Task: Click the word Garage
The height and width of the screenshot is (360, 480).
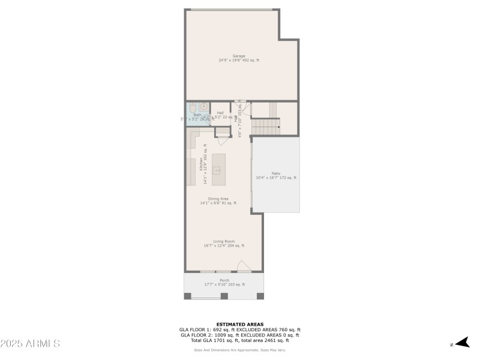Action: (239, 56)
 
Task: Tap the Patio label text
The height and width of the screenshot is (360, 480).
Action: (276, 173)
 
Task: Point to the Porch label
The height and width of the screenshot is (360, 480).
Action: (224, 280)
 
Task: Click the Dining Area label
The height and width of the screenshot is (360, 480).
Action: (218, 199)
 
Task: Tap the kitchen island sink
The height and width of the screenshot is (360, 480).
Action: (218, 170)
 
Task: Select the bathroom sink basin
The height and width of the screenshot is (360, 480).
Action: (204, 107)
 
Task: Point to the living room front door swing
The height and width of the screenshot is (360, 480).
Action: (244, 266)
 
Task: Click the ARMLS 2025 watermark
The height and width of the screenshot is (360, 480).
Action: (30, 344)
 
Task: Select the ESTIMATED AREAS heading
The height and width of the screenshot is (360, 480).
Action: (239, 324)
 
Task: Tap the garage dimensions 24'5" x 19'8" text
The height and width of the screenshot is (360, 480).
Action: (239, 61)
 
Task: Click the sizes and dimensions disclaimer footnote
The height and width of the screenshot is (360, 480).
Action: (239, 350)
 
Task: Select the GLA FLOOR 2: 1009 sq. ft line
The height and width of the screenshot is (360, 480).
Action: (239, 334)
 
